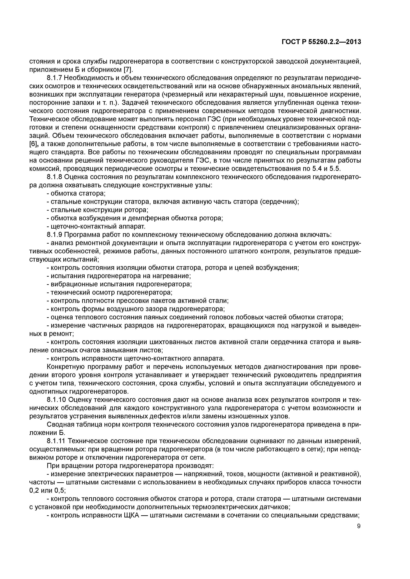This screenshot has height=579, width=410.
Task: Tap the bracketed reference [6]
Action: click(34, 144)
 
